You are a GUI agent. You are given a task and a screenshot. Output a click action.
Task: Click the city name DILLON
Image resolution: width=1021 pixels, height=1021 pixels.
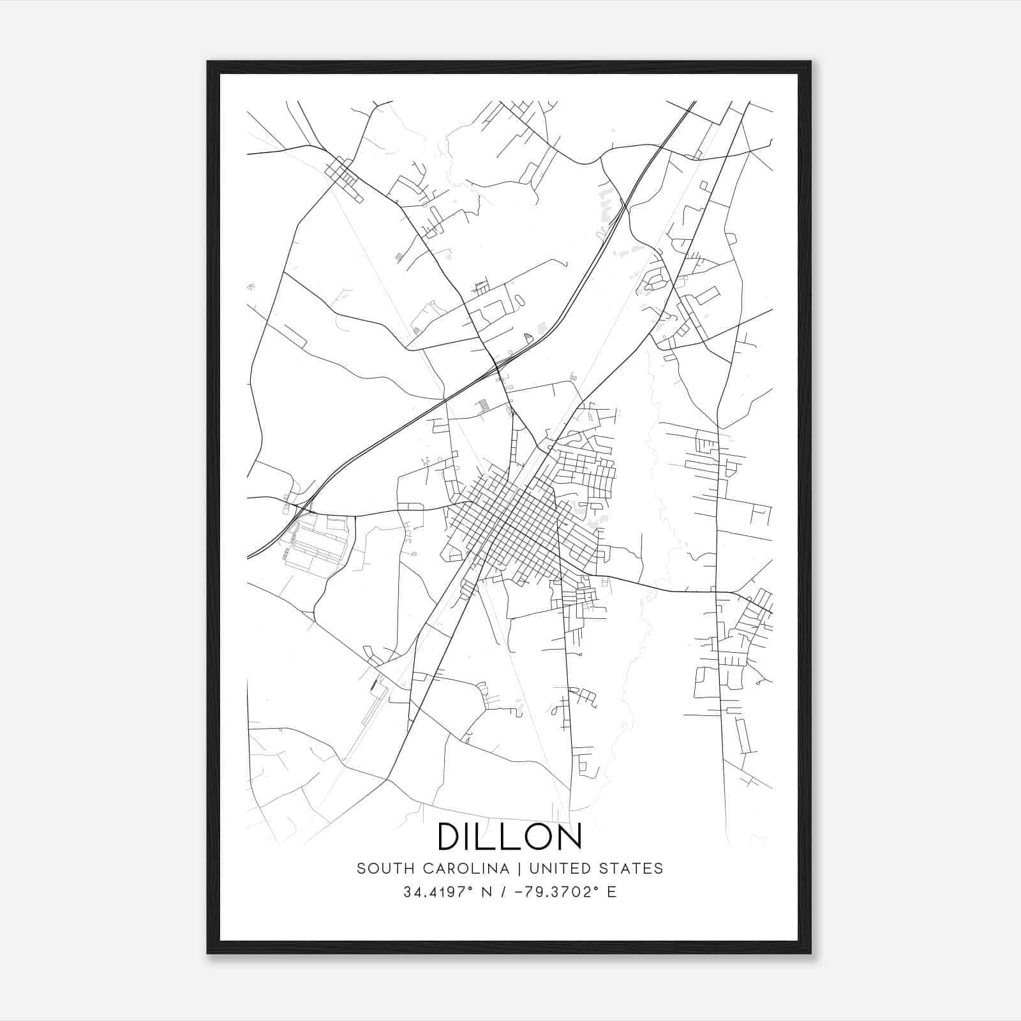pyautogui.click(x=509, y=836)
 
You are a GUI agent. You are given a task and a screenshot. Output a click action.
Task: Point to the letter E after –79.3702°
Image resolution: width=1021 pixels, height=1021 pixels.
pyautogui.click(x=613, y=892)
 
